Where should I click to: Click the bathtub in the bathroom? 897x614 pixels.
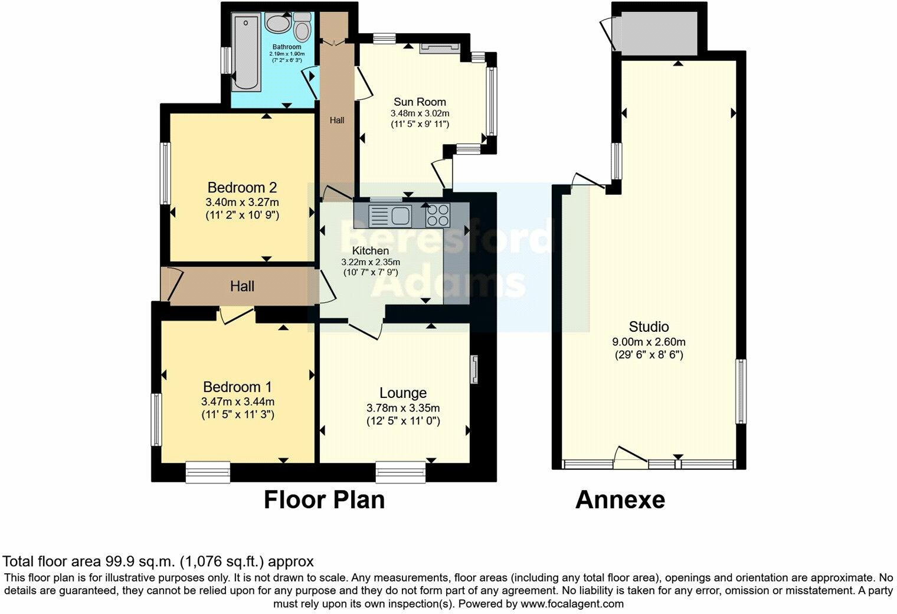tap(245, 53)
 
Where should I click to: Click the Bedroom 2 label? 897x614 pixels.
tap(242, 188)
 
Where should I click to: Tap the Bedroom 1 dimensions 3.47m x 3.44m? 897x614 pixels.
tap(237, 402)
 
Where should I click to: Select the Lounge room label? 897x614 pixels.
tap(403, 393)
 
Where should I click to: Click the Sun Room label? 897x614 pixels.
tap(420, 102)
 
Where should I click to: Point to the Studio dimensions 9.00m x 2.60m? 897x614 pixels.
tap(649, 342)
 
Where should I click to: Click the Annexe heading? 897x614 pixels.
tap(620, 500)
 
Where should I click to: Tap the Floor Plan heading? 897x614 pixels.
tap(324, 500)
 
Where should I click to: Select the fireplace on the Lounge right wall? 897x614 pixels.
tap(474, 370)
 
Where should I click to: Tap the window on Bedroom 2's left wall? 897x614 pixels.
tap(167, 174)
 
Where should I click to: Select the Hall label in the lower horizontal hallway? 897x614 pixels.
tap(242, 286)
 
